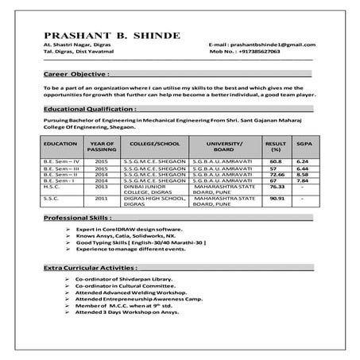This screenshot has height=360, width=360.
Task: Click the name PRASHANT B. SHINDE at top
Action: (112, 36)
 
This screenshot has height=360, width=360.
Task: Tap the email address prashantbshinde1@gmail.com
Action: (269, 45)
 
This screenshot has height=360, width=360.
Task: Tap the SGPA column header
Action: (303, 145)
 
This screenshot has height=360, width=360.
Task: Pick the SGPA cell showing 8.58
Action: (302, 173)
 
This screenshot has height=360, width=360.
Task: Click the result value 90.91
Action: (276, 198)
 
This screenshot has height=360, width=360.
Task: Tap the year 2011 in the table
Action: (101, 198)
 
